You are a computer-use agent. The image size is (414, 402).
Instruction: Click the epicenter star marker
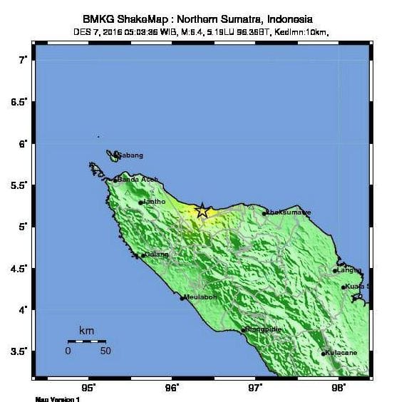click(x=202, y=210)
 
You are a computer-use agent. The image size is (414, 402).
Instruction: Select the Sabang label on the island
click(x=130, y=155)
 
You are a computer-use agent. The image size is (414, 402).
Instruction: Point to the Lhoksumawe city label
click(x=288, y=212)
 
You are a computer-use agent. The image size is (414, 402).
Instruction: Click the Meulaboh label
click(x=200, y=297)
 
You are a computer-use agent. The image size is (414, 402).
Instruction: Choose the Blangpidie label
click(x=264, y=329)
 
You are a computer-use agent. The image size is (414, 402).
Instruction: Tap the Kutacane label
click(x=341, y=353)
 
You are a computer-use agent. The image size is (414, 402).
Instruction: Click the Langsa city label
click(x=348, y=270)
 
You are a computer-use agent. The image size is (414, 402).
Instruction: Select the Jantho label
click(x=155, y=202)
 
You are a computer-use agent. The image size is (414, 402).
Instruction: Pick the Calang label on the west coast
click(x=156, y=254)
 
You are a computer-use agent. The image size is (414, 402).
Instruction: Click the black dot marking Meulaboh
click(x=182, y=298)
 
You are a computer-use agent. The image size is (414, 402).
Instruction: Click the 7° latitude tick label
click(x=22, y=61)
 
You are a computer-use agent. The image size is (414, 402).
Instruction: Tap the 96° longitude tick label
click(x=172, y=388)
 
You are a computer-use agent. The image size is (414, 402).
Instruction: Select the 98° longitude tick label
click(x=338, y=388)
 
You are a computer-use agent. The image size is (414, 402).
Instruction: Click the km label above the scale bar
click(x=86, y=331)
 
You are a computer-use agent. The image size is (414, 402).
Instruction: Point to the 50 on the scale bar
click(x=105, y=351)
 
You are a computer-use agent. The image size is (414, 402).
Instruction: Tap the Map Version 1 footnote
click(x=57, y=399)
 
